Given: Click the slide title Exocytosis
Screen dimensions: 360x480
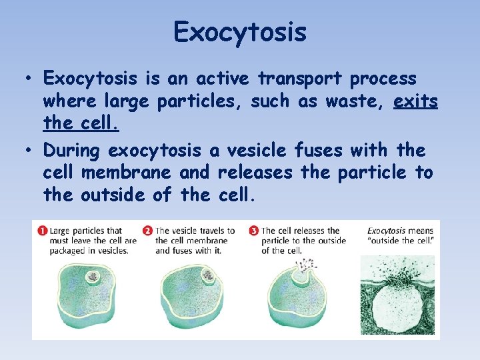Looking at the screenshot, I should coord(240,32).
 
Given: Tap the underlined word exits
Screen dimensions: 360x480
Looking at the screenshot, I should coord(415,101).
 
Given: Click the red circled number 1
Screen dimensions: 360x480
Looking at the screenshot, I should coord(42,231).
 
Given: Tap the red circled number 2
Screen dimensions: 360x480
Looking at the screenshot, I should coord(148,231).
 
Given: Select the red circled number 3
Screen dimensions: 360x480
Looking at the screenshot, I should coord(254,231).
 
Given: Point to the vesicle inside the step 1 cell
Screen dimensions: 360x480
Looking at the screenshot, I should coord(92,277).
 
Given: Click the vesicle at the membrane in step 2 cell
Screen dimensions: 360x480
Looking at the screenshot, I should coord(208,275).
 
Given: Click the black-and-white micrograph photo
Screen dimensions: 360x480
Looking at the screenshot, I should coord(398,297).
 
